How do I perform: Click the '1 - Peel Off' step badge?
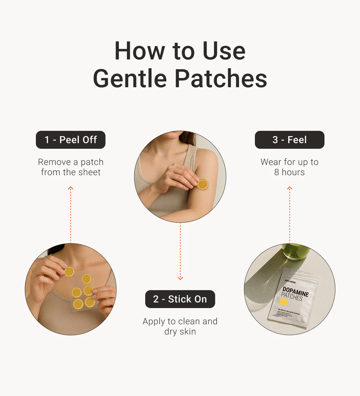tap(71, 140)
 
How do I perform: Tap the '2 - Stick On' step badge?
tap(180, 299)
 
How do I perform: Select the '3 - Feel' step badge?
tap(289, 140)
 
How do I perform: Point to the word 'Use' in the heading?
tap(225, 51)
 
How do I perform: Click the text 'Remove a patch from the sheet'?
tap(71, 167)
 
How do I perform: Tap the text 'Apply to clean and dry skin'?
tap(180, 326)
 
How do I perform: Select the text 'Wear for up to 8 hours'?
tap(289, 167)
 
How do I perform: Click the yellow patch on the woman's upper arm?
tap(202, 184)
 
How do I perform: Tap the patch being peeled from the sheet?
tap(69, 272)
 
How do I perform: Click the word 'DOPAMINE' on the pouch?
tap(295, 292)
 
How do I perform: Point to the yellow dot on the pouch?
tap(284, 302)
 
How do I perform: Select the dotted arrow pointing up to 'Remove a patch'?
tap(71, 215)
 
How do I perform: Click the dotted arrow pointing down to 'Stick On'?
tap(180, 251)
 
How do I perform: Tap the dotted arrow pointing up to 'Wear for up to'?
tap(290, 215)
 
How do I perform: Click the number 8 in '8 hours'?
tap(277, 172)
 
